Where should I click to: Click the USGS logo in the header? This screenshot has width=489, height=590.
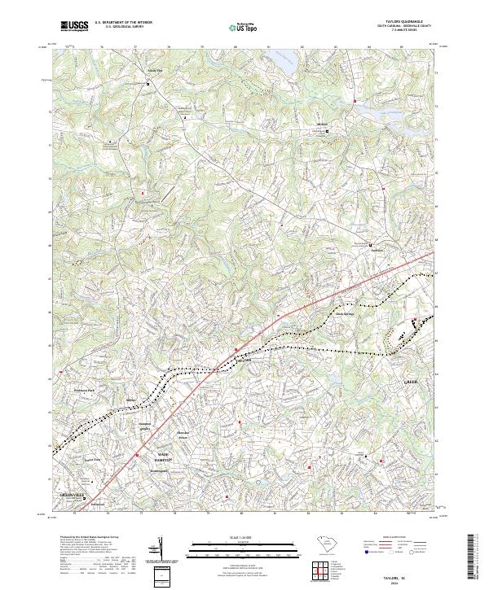click(x=75, y=26)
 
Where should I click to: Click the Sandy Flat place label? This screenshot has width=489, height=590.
click(x=154, y=70)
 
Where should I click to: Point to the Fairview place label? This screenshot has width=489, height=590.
click(x=377, y=250)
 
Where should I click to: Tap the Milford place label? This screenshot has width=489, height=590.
click(x=320, y=125)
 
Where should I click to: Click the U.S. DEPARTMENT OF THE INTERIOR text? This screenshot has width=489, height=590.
click(x=123, y=22)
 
